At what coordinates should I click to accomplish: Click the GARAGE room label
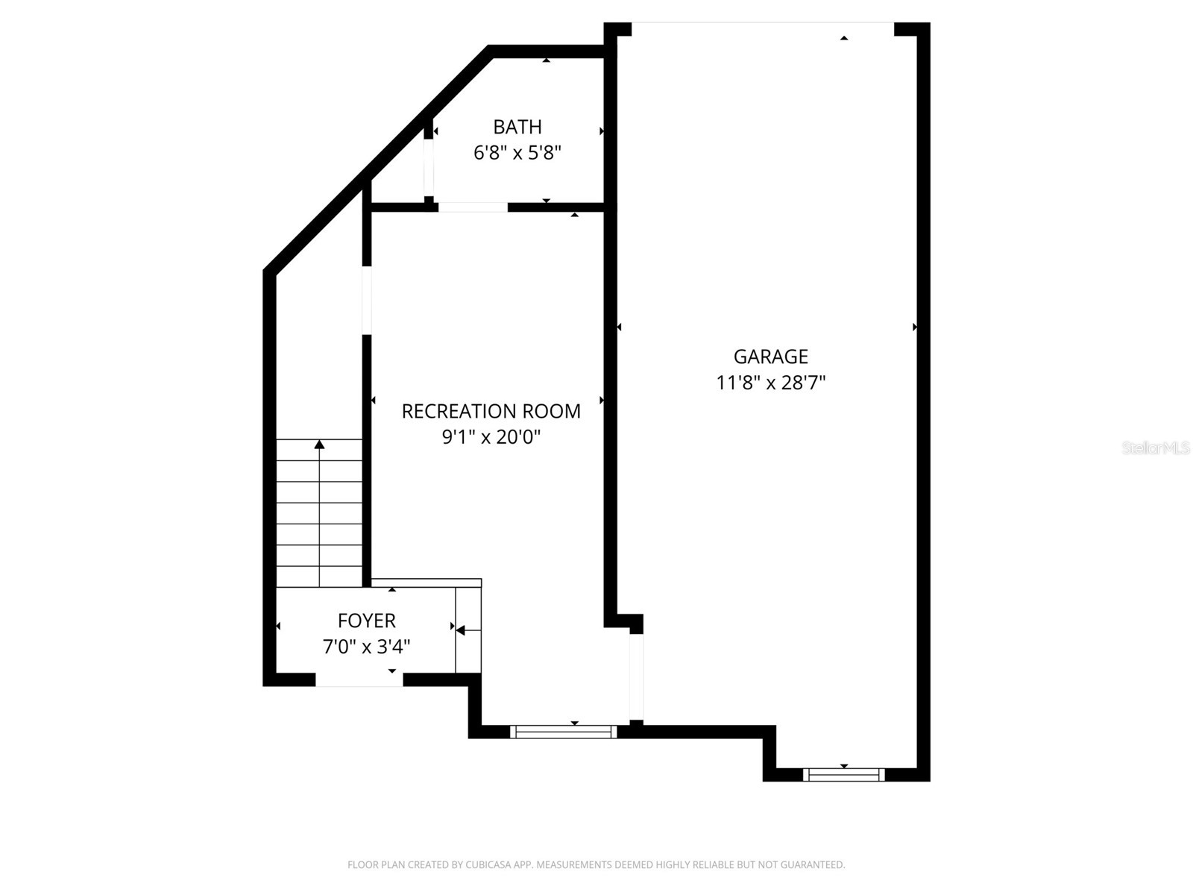pos(770,357)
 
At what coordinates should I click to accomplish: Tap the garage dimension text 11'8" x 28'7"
pos(770,383)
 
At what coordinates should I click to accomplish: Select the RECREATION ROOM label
pos(491,411)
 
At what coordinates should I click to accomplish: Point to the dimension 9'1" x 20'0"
pos(491,437)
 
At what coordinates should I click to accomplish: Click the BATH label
pos(517,127)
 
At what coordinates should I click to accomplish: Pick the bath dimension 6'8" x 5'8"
pos(517,153)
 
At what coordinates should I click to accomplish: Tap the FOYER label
pos(366,621)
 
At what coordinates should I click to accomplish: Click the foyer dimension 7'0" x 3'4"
pos(366,647)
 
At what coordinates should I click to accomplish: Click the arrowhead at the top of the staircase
pos(319,445)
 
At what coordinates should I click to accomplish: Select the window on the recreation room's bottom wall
pos(564,732)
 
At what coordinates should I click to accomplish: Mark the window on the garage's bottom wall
pos(843,775)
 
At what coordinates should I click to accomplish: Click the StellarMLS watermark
pos(1155,448)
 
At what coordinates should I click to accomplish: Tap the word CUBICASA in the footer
pos(487,865)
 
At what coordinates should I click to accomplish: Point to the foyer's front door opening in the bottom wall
pos(359,679)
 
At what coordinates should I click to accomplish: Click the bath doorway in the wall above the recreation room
pos(473,207)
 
